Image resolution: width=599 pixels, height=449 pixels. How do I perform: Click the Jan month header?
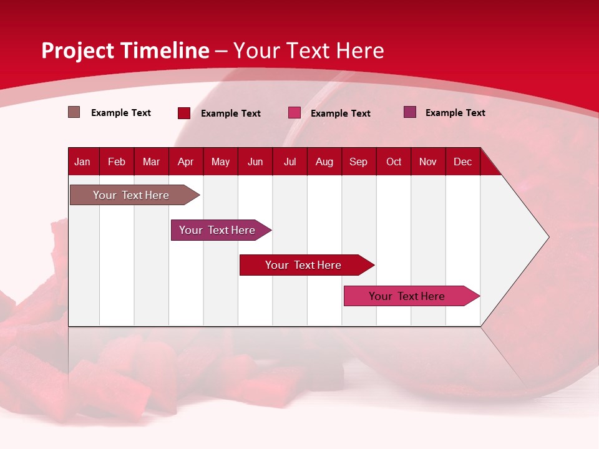[x=82, y=162]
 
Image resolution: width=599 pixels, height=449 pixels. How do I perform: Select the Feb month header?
[x=117, y=162]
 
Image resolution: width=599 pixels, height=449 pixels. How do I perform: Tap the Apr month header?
[x=185, y=162]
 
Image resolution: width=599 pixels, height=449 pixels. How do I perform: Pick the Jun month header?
[x=255, y=162]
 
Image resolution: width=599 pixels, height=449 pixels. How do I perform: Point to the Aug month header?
[x=324, y=162]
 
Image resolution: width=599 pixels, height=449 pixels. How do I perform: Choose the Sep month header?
[x=358, y=162]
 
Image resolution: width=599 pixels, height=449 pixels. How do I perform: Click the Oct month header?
[x=394, y=162]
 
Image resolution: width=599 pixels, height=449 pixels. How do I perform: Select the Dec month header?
[x=462, y=162]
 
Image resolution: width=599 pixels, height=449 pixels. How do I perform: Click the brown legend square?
[x=74, y=112]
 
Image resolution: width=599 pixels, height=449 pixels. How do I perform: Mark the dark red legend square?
[x=184, y=113]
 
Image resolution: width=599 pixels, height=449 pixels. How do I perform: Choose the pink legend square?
[x=295, y=113]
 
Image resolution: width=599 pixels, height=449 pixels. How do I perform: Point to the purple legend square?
[x=410, y=112]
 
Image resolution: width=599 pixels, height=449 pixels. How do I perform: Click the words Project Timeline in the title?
[x=125, y=51]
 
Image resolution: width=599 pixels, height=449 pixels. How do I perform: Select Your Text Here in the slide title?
[x=309, y=51]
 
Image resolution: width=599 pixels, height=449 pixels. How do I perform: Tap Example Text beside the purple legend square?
[x=455, y=113]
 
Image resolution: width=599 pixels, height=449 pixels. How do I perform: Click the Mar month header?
[x=151, y=162]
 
